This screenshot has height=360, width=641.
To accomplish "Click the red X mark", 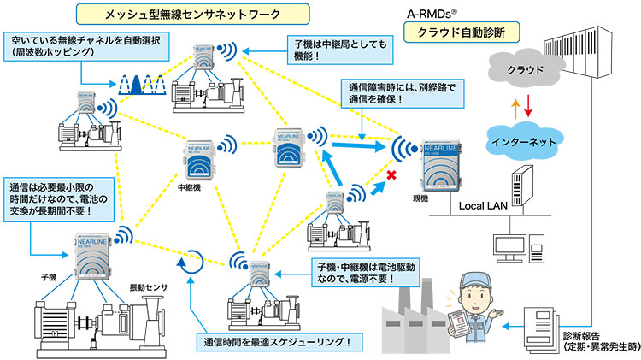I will pyautogui.click(x=392, y=175).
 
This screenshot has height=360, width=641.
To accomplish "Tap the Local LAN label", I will pyautogui.click(x=485, y=206).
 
